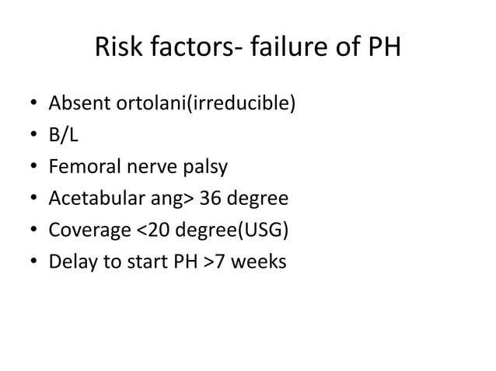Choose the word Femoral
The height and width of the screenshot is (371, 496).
pos(81,168)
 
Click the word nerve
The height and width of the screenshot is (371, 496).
pos(145,168)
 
